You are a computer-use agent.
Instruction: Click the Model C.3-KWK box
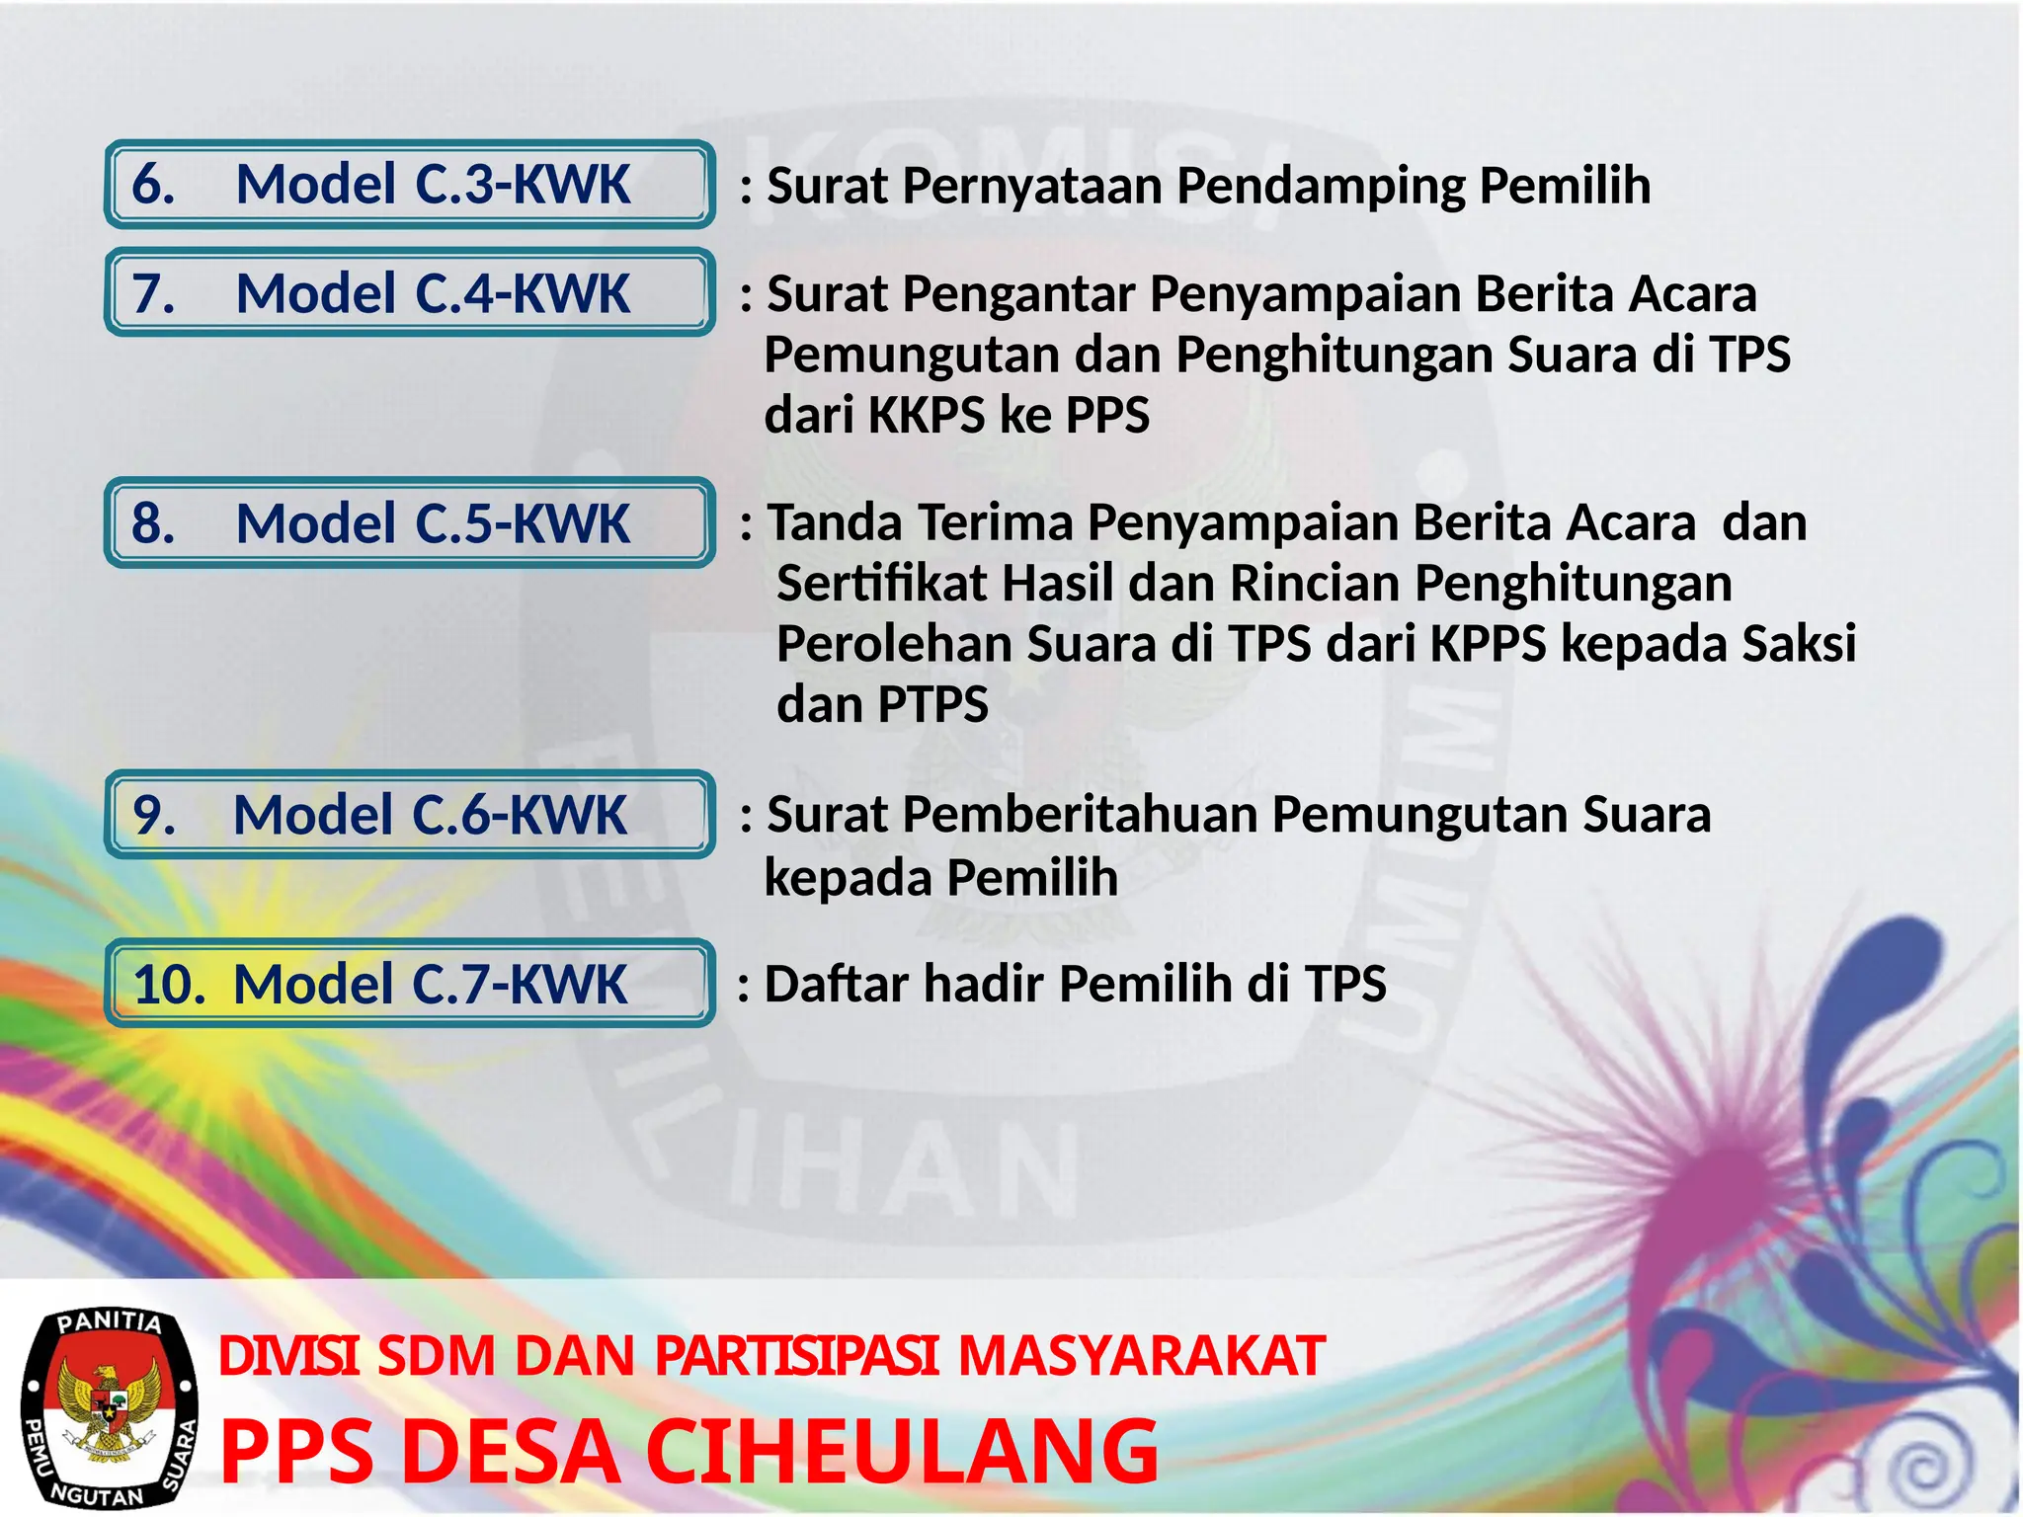(409, 185)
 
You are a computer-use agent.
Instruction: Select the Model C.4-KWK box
(409, 293)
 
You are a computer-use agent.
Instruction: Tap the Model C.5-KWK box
(409, 522)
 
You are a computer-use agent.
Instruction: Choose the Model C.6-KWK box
(409, 815)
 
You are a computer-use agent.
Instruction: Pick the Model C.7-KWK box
(409, 984)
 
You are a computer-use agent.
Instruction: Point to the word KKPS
(927, 415)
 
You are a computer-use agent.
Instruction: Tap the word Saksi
(1799, 644)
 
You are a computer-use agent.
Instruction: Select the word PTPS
(932, 705)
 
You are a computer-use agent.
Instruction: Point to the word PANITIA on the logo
(110, 1322)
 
